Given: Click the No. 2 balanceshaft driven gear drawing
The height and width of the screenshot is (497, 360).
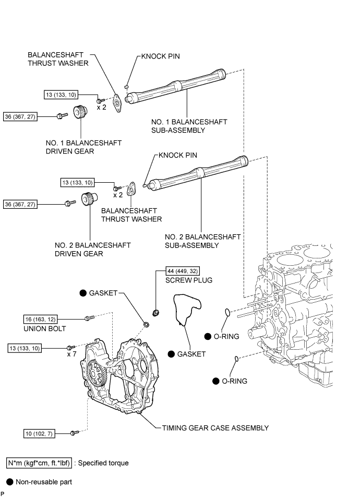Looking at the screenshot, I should coord(88,200).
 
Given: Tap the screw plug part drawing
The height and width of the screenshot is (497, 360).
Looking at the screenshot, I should coord(155,313).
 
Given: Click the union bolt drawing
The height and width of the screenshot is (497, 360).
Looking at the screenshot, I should coord(88,316).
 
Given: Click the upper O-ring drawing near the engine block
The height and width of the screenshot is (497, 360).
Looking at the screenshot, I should coord(226,312).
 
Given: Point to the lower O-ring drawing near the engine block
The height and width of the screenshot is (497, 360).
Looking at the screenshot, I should coord(237,359).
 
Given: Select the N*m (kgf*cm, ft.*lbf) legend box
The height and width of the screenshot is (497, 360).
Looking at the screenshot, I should coord(40,463).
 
